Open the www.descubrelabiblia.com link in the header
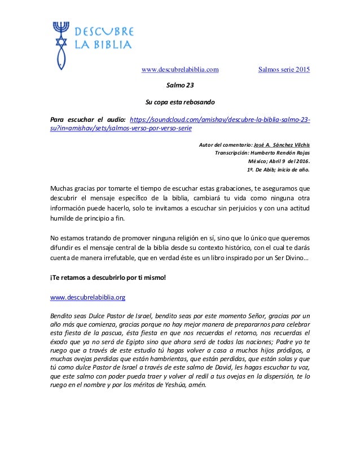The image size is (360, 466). (180, 70)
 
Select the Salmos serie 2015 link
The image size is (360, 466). (284, 70)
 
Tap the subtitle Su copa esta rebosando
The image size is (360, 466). (180, 103)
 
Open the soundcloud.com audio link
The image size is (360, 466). (220, 120)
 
